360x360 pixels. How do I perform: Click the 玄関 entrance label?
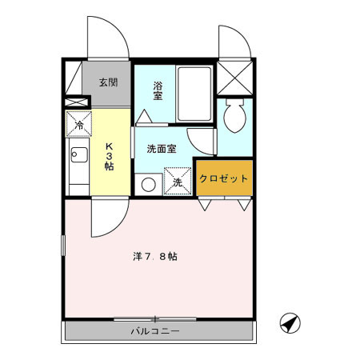108,82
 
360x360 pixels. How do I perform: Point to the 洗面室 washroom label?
162,149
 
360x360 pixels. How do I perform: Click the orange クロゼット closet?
225,178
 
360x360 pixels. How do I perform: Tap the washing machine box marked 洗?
178,180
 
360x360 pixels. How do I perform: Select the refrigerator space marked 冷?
78,124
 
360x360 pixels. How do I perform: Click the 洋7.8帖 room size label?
155,257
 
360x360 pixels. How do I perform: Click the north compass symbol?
289,323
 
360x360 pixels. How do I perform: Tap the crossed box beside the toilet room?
236,78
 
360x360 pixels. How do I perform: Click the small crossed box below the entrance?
76,103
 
